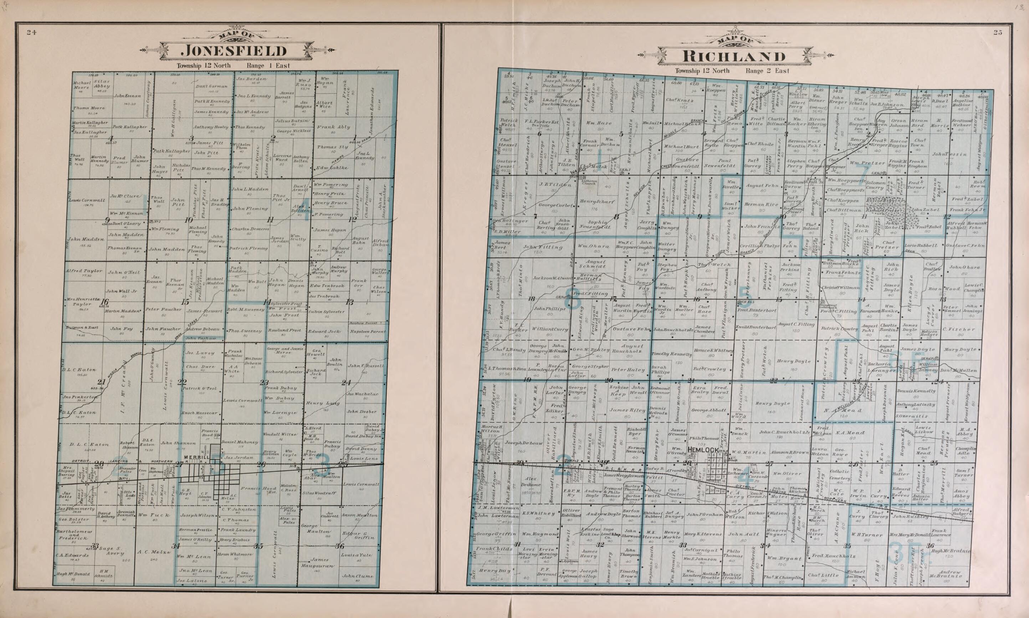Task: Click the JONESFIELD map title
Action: [x=235, y=51]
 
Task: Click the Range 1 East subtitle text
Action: [x=268, y=66]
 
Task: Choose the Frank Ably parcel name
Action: [x=333, y=127]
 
